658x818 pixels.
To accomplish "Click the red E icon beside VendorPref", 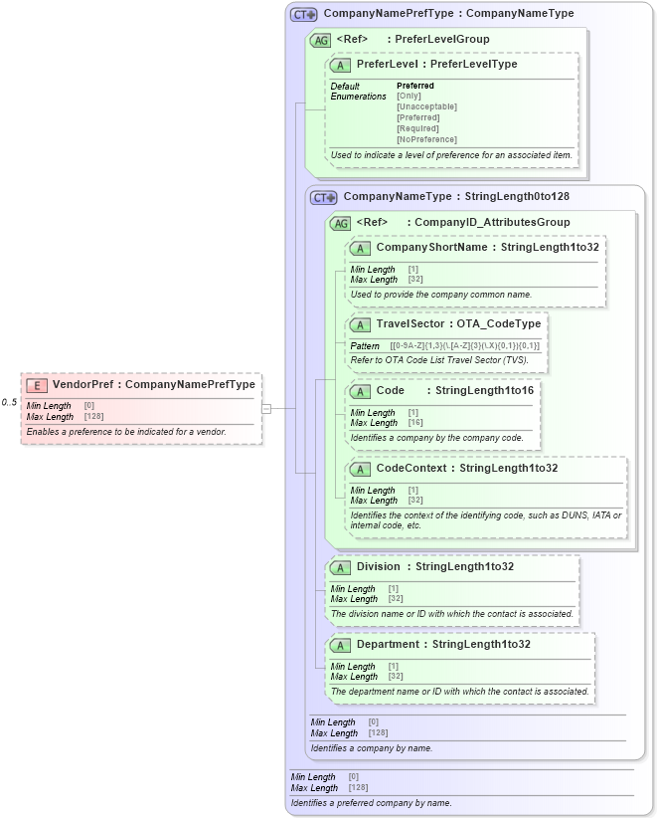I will [x=37, y=385].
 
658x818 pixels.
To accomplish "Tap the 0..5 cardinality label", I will [x=9, y=402].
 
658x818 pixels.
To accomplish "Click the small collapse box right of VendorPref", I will [x=266, y=408].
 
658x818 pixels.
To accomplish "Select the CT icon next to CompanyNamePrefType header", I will [x=303, y=15].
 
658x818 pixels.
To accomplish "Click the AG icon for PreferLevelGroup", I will [x=320, y=40].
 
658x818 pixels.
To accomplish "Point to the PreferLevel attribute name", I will [x=387, y=65].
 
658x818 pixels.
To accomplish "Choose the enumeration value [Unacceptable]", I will [x=426, y=106].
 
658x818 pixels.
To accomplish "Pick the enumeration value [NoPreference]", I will [x=426, y=139].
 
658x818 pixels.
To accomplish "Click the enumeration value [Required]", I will [x=417, y=128].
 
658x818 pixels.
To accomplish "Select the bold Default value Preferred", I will [x=415, y=86].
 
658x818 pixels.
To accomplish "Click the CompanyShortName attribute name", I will [x=431, y=247].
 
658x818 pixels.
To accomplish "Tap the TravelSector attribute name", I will [x=410, y=324].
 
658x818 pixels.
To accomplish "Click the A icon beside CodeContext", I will [x=360, y=469].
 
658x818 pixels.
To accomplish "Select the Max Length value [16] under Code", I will [x=415, y=423].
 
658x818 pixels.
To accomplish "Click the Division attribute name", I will [x=379, y=567].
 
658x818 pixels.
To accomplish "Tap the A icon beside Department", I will [x=340, y=645].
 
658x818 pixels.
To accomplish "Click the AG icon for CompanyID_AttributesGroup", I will [x=340, y=223].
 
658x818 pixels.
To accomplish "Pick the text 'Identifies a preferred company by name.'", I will [x=371, y=802].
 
